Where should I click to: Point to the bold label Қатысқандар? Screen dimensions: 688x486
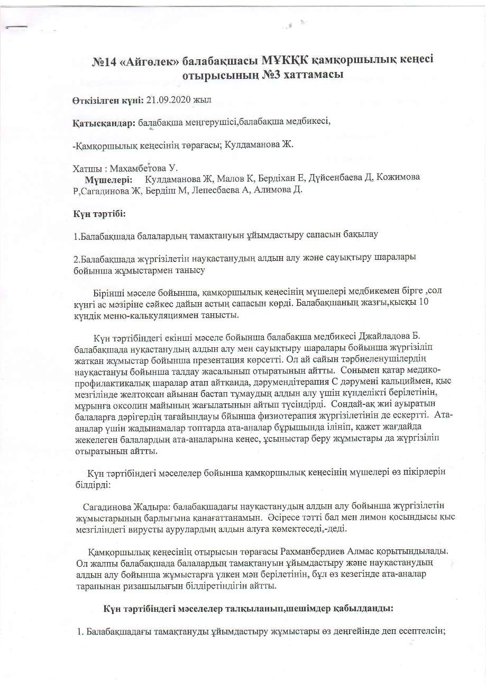(x=104, y=122)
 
